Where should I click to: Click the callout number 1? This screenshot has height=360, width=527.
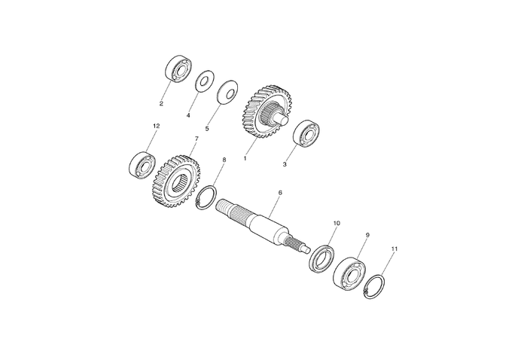(x=245, y=158)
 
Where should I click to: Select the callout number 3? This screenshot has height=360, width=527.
(x=285, y=163)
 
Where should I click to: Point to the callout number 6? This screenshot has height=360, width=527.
(x=280, y=194)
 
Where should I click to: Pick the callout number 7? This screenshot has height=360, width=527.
(x=196, y=139)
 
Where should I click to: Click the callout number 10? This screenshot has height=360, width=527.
(x=337, y=223)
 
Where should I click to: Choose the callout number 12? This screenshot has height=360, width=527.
(x=157, y=126)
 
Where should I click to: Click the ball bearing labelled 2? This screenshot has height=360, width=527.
(x=178, y=69)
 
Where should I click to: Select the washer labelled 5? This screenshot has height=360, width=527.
(x=226, y=94)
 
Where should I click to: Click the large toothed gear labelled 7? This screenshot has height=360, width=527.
(x=176, y=182)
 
